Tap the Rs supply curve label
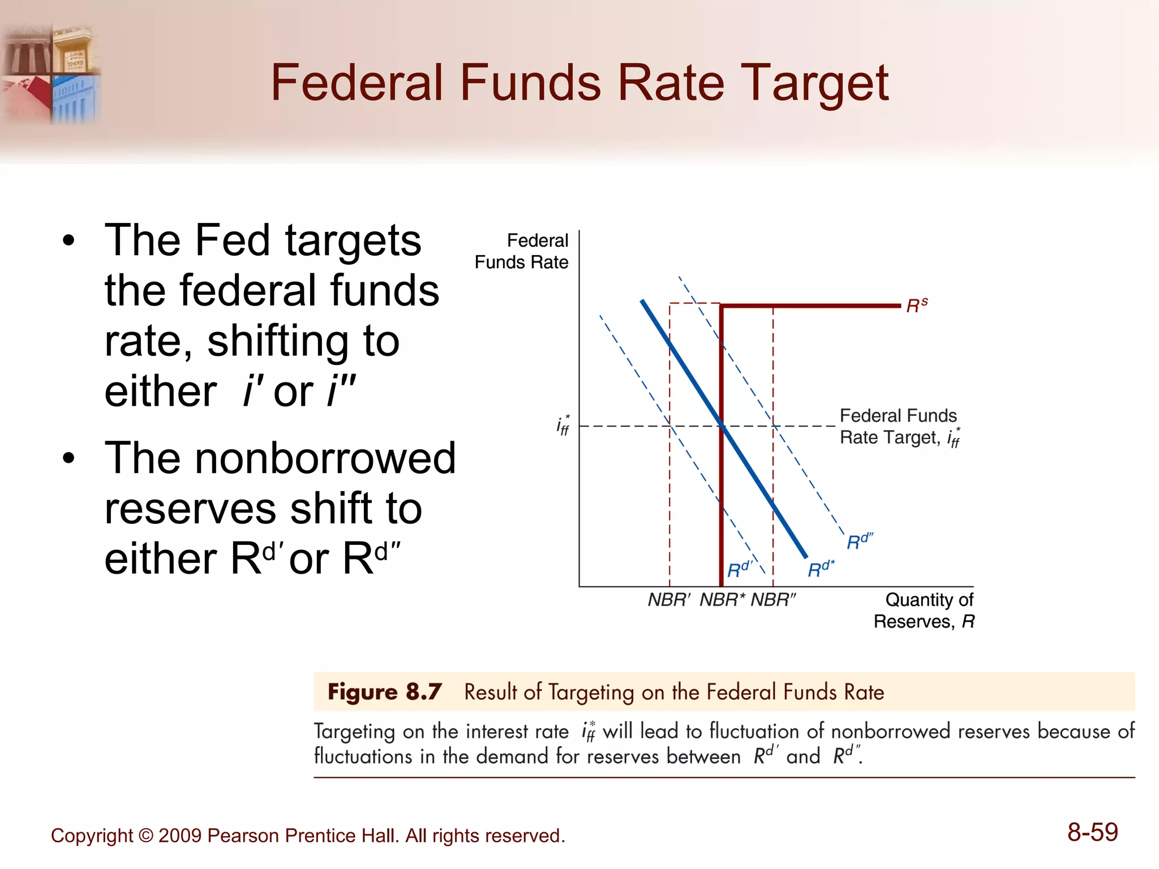coord(917,306)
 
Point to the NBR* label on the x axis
coord(722,600)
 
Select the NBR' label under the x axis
coord(669,600)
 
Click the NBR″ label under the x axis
coord(773,600)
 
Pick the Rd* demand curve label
coord(821,569)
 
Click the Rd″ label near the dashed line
coord(860,541)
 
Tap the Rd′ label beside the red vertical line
coord(740,569)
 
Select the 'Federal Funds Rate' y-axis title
coord(522,251)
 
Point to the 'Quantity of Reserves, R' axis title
coord(924,610)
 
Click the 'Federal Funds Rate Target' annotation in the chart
coord(899,427)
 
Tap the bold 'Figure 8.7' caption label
coord(384,692)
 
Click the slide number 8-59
coord(1092,832)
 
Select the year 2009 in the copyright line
coord(180,836)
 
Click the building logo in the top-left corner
coord(51,74)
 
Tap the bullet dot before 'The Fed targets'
coord(69,240)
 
